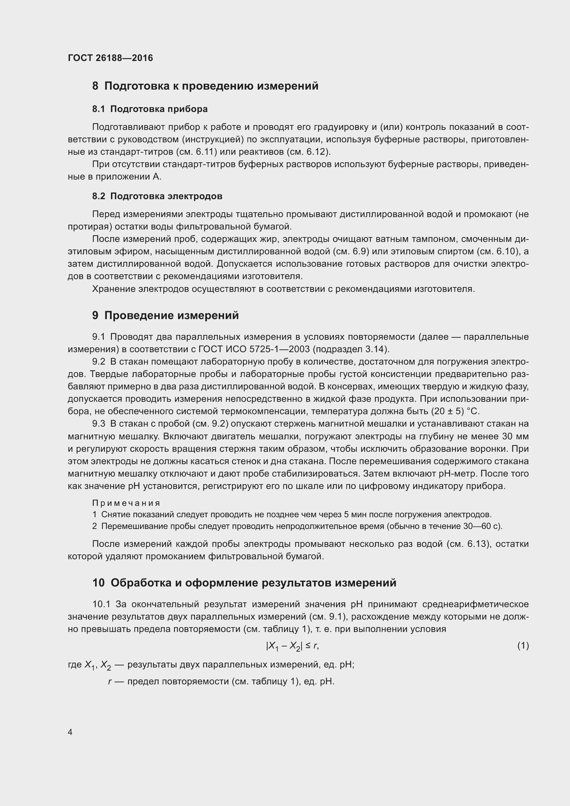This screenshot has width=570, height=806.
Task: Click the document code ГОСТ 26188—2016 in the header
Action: [110, 58]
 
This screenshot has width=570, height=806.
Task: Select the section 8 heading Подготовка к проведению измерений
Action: [205, 86]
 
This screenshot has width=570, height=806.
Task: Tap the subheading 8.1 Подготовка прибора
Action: [150, 109]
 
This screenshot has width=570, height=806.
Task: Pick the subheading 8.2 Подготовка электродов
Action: [157, 196]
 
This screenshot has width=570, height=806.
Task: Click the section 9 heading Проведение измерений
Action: [165, 316]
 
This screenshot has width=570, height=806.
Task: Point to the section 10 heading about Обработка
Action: [244, 583]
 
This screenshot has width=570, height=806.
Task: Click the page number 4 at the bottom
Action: [70, 732]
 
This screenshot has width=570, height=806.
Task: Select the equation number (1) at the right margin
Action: [523, 645]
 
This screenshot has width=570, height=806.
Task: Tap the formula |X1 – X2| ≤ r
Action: [292, 646]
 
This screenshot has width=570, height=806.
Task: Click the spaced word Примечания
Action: [126, 503]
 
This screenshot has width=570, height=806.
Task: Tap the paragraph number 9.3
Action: [99, 424]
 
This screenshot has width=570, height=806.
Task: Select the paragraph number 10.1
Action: [101, 604]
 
